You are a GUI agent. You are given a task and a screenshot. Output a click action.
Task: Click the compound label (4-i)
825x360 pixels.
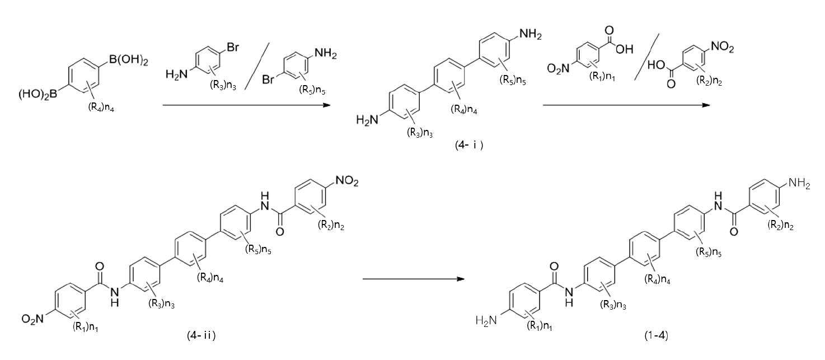[469, 145]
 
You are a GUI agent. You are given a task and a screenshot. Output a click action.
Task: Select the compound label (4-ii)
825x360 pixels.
[201, 335]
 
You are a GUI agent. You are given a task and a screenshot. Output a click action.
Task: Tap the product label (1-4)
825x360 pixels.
[657, 335]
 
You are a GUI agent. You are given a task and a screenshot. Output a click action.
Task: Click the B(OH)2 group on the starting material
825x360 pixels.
[128, 60]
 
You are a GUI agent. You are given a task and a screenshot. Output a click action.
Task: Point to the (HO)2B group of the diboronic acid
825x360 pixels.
[38, 95]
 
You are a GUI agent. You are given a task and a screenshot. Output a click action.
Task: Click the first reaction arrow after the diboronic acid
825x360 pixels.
[246, 105]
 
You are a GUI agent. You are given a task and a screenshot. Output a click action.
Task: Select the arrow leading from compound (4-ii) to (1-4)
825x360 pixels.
[413, 279]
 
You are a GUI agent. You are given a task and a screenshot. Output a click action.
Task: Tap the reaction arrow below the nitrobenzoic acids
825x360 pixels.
[626, 105]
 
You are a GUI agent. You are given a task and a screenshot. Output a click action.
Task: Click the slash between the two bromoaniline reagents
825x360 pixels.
[257, 66]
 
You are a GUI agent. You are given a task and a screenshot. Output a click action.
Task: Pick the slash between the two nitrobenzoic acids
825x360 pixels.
[646, 57]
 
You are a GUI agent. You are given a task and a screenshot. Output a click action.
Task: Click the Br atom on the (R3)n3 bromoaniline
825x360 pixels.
[233, 47]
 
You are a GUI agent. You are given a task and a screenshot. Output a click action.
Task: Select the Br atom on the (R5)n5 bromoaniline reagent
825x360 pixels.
[269, 79]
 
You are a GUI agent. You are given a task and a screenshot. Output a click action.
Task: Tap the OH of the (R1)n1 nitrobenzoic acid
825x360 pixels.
[624, 49]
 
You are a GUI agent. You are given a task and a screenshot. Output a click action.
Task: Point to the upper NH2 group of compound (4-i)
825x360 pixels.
[531, 35]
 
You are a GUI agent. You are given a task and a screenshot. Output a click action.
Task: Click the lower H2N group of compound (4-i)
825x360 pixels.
[367, 120]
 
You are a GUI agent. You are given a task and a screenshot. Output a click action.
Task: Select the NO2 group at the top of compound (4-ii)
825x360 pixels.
[347, 181]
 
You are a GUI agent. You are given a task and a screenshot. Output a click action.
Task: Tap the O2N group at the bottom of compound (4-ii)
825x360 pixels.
[32, 319]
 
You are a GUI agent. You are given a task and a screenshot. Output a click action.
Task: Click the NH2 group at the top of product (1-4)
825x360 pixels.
[799, 183]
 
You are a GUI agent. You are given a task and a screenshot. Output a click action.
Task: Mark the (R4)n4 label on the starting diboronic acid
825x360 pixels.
[101, 107]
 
